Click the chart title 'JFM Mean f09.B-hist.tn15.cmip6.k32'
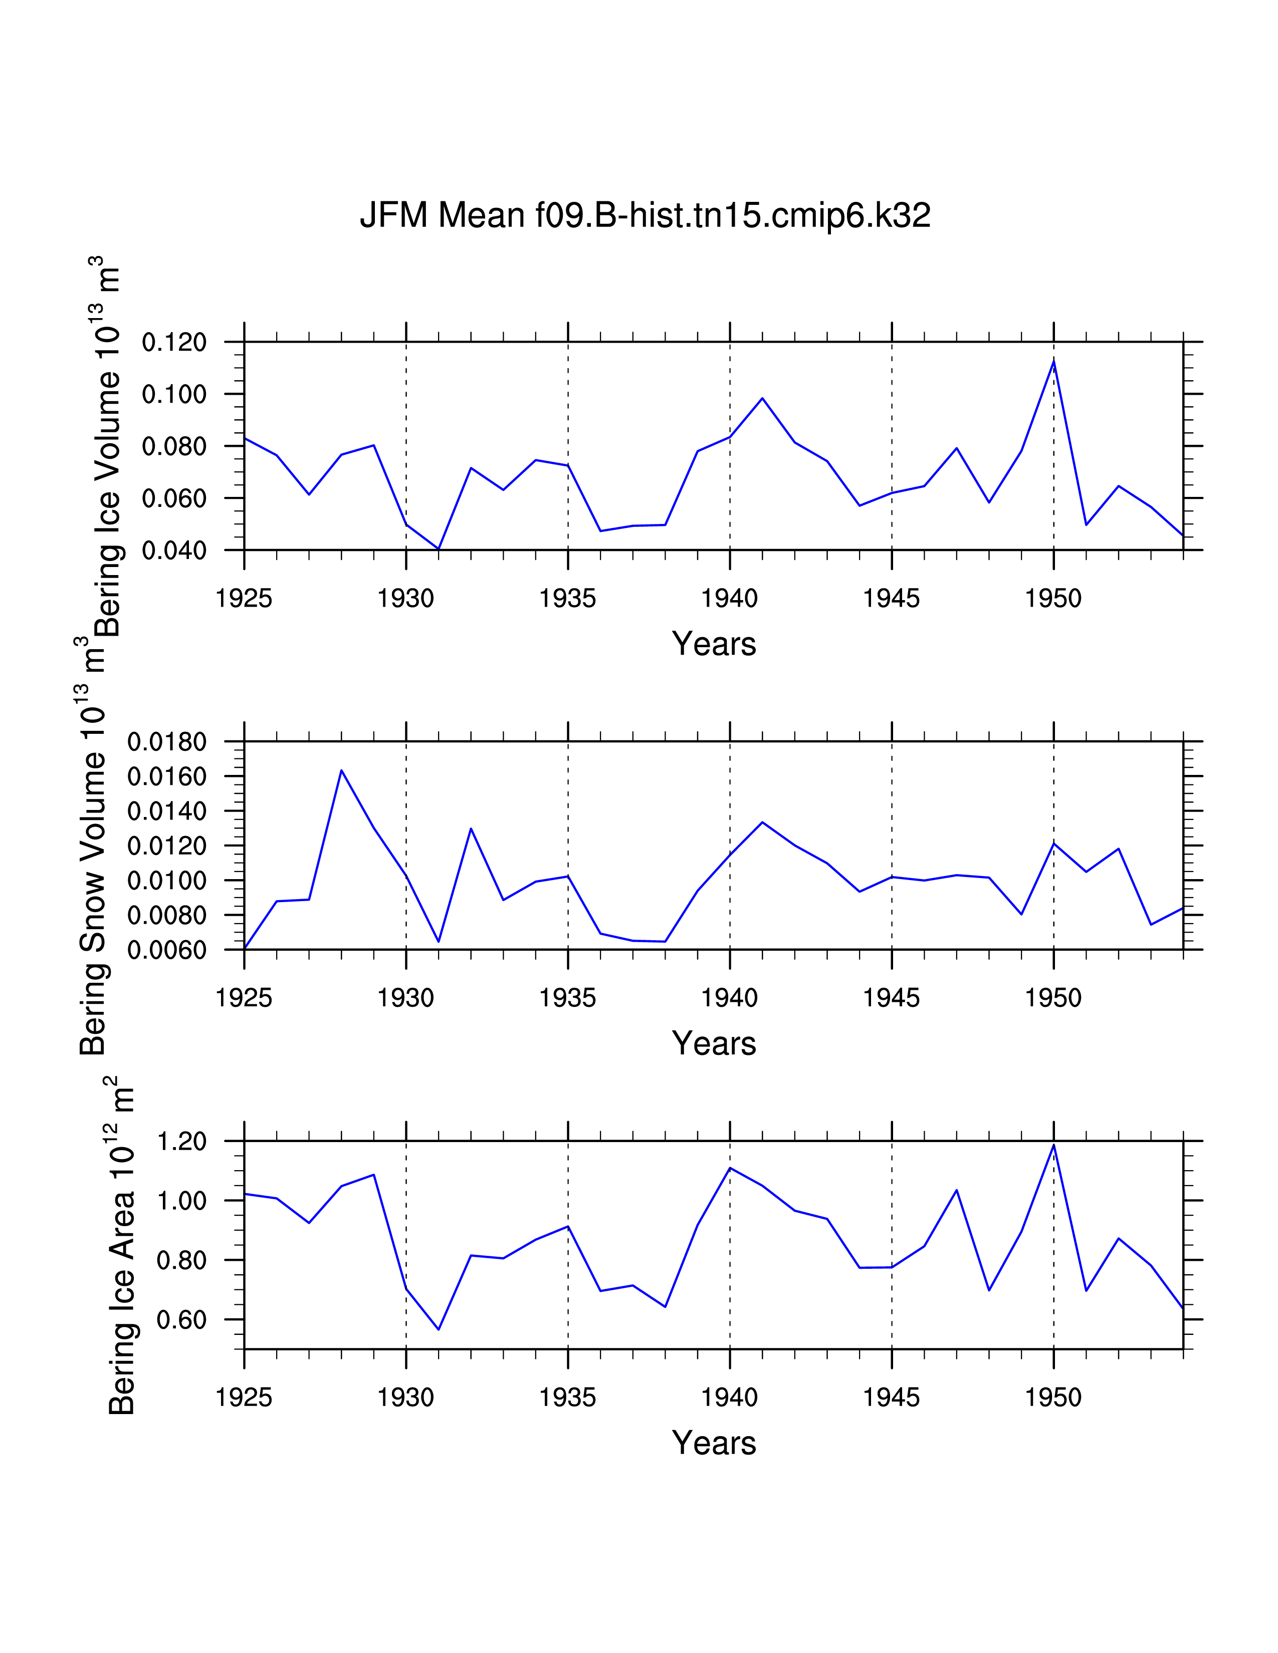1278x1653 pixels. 645,216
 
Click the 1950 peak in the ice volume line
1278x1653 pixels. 1053,361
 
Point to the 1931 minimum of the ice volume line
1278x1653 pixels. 439,548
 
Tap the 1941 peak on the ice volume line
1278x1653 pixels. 762,398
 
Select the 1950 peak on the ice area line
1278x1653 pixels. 1053,1145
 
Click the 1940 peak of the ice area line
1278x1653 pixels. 730,1168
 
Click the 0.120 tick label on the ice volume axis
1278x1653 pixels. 174,343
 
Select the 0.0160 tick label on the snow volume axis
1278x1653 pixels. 166,776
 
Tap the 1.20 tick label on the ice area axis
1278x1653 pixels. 181,1142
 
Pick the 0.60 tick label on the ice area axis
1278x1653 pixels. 181,1320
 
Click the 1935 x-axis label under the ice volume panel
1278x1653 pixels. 568,599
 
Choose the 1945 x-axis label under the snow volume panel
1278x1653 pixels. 891,998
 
